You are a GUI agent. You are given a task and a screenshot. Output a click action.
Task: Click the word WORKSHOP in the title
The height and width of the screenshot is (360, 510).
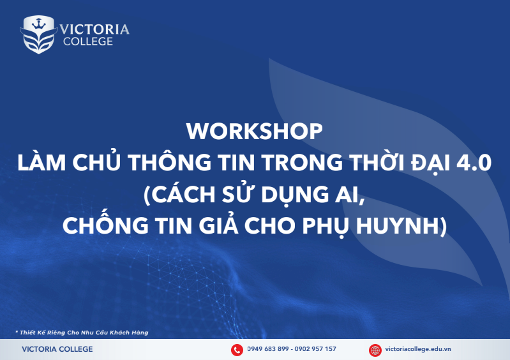point(255,131)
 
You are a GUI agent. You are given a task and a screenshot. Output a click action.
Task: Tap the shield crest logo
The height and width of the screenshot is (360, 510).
point(38,34)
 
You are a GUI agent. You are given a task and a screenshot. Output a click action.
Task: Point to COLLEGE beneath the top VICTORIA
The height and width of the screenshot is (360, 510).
point(88,41)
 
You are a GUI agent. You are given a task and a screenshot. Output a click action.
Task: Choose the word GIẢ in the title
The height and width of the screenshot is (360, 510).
point(214,225)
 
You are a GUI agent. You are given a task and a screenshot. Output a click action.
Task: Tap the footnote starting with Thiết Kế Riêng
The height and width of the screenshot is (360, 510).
point(81,333)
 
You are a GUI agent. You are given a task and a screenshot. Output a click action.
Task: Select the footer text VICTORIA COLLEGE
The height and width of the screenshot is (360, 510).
point(57,349)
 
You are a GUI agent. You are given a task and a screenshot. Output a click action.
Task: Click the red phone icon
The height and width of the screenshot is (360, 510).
point(237,349)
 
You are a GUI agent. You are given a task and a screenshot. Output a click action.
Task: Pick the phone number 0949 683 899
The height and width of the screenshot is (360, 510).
point(267,349)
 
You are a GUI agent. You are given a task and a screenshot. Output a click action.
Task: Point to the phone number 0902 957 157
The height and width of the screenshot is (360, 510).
point(315,349)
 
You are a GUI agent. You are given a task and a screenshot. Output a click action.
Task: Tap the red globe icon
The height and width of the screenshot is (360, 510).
point(375,349)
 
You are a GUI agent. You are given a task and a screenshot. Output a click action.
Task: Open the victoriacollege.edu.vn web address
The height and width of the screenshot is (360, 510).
point(419,349)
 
